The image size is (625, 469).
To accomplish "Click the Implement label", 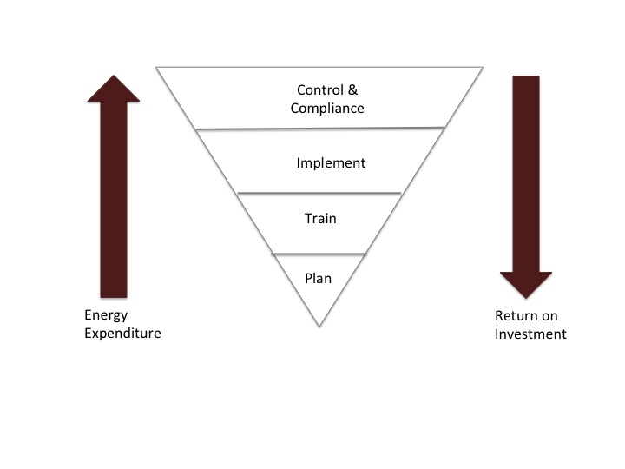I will click(331, 163).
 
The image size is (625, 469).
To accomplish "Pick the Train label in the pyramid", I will click(319, 219).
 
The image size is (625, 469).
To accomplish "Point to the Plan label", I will click(319, 279).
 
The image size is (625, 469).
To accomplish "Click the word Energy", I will click(102, 315).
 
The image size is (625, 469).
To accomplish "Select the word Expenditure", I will click(122, 334).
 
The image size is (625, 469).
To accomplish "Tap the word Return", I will click(503, 316).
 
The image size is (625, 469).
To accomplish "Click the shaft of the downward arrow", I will click(526, 174).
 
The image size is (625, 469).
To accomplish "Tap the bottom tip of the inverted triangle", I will click(319, 327).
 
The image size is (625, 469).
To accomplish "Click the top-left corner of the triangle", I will click(156, 67).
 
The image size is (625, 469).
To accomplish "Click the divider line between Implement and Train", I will click(319, 193).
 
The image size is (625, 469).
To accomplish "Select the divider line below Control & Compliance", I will click(320, 129).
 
